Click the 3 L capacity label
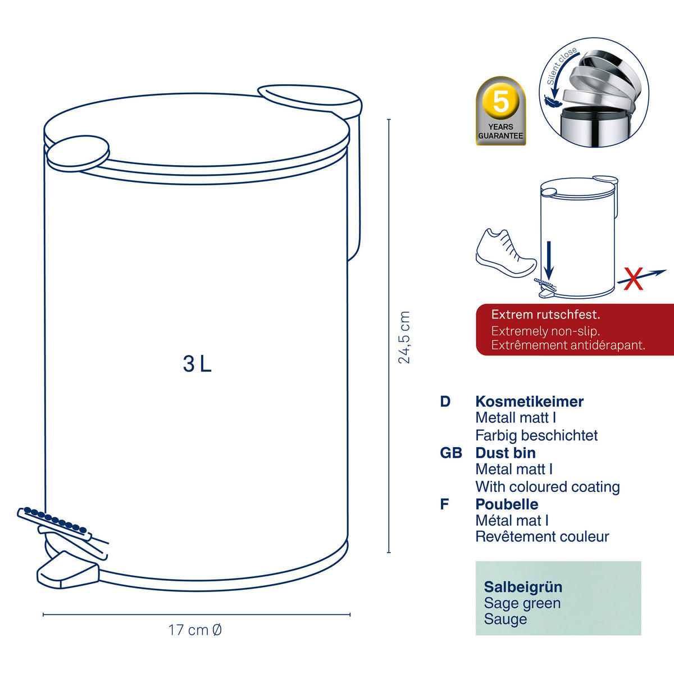pos(197,364)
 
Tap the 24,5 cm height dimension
pos(404,337)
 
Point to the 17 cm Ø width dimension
pos(195,630)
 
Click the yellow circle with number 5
pos(501,102)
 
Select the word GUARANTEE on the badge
pos(500,136)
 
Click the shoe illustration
pos(505,253)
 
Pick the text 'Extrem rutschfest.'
pos(545,315)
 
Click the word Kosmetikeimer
pos(529,402)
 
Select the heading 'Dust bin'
pos(505,453)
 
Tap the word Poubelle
pos(507,504)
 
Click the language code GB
pos(451,453)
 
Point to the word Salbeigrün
pos(523,587)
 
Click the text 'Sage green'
pos(522,603)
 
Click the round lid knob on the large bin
pos(78,153)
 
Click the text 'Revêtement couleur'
pos(542,536)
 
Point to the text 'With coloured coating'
pos(548,487)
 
